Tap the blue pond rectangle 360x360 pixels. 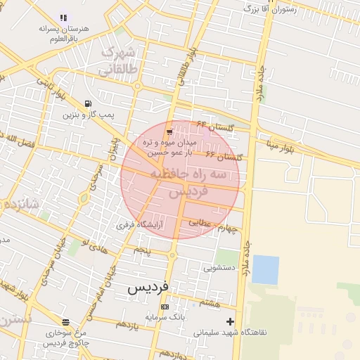pos(265,270)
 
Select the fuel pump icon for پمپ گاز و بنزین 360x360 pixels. pos(87,103)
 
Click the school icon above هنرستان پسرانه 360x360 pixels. pos(64,18)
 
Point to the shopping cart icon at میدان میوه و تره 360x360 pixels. pos(169,131)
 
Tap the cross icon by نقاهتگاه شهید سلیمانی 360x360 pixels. pos(230,322)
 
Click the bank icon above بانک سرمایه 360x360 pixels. pos(165,307)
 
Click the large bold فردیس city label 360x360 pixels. pos(149,288)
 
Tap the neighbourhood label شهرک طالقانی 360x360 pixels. pos(116,61)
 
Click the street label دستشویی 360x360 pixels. pos(221,268)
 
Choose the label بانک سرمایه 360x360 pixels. pos(165,318)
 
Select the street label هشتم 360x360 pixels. pos(210,302)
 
